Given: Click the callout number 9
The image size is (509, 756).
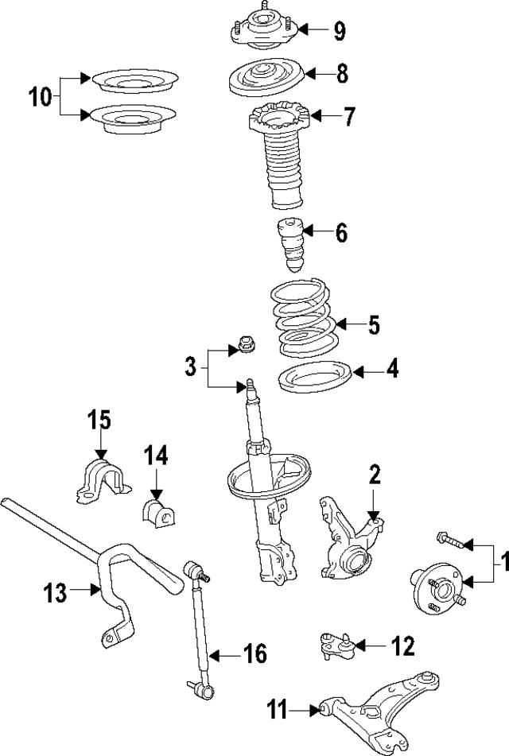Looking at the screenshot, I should tap(340, 32).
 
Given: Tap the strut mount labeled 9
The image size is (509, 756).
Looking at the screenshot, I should tap(263, 30).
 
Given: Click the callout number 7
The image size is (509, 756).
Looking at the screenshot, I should tap(349, 117).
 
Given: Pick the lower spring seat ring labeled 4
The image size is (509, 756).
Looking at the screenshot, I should tap(315, 376).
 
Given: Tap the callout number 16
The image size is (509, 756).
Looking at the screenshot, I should tap(255, 654).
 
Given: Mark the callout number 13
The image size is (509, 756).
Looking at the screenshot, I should tap(55, 592).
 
